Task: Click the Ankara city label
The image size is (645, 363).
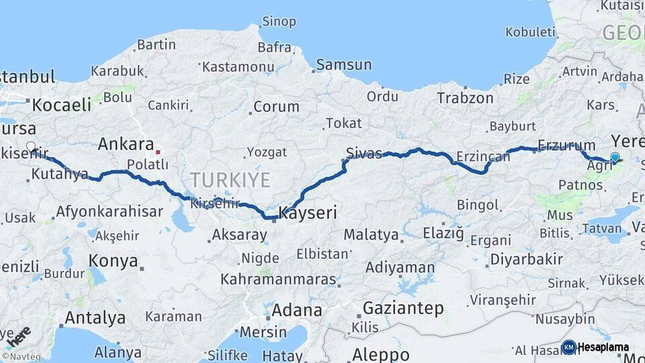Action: coord(126,145)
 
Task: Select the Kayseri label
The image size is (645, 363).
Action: coord(307,213)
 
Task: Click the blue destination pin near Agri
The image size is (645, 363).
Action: coord(615,157)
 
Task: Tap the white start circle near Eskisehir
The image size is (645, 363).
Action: coord(31,146)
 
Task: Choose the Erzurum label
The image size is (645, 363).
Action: coord(566,145)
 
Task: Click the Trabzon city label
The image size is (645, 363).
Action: coord(465,98)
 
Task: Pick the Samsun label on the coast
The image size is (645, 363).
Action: coord(343,65)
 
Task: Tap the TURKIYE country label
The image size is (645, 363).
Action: coord(230,180)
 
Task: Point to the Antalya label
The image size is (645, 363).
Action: coord(95,317)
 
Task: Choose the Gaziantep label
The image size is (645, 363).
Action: coord(403,309)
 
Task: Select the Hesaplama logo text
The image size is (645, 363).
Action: coord(603,348)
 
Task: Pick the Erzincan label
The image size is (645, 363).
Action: coord(482,157)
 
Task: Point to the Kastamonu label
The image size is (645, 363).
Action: coord(238,67)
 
